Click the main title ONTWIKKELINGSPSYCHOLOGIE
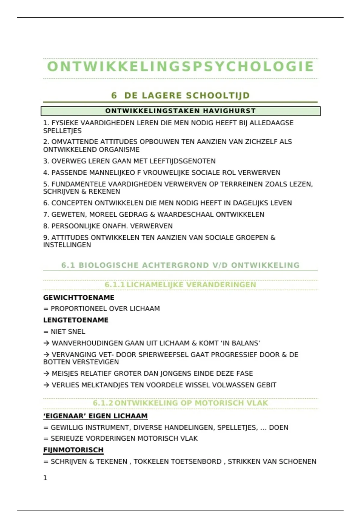tap(180, 67)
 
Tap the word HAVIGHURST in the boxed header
tap(229, 111)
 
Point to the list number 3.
tap(45, 161)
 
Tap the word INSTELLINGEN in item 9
tap(67, 245)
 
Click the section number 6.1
tap(68, 265)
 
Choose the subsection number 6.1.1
tap(114, 285)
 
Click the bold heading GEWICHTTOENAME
tap(79, 298)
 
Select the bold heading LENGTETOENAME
tap(76, 320)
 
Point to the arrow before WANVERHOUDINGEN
tap(46, 343)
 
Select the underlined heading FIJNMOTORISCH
tap(73, 450)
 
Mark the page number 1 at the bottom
tap(45, 478)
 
